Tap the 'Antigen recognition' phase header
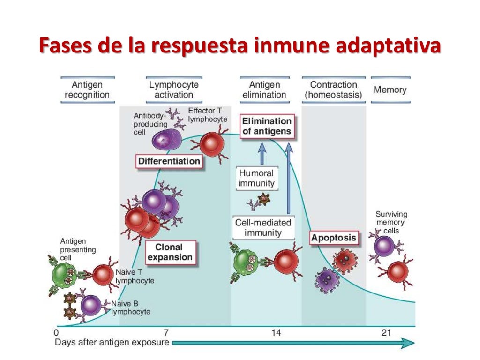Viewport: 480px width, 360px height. pos(87,90)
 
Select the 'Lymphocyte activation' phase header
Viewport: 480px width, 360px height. pos(174,90)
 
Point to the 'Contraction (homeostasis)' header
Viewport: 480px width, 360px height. pos(333,90)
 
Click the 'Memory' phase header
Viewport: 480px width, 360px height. pos(390,90)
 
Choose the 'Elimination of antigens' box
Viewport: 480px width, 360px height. pos(267,126)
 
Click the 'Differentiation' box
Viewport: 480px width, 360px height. pos(169,161)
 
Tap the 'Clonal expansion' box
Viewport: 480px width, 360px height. pos(170,252)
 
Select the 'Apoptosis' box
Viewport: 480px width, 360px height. pos(334,238)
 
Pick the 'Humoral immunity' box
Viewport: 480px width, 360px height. pos(256,178)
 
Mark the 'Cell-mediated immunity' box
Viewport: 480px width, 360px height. pos(263,227)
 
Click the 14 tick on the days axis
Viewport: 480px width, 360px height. pos(276,333)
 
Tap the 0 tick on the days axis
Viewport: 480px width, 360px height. pos(58,333)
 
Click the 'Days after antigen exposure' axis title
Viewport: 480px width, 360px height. pos(112,343)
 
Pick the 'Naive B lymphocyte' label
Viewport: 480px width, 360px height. pos(131,307)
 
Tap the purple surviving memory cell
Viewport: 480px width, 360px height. pos(384,246)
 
